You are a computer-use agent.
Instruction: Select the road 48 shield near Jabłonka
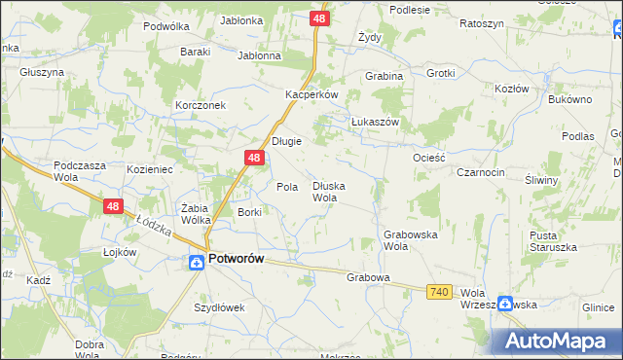[320, 18]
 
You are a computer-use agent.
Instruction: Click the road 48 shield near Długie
[253, 158]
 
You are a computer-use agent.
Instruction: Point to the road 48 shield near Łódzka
[113, 206]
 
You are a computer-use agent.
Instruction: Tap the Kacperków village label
[311, 94]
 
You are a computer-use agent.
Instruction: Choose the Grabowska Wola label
[410, 240]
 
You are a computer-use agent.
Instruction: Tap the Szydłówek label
[219, 307]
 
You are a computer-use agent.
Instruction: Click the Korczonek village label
[201, 105]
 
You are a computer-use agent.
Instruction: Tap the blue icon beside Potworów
[195, 260]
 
